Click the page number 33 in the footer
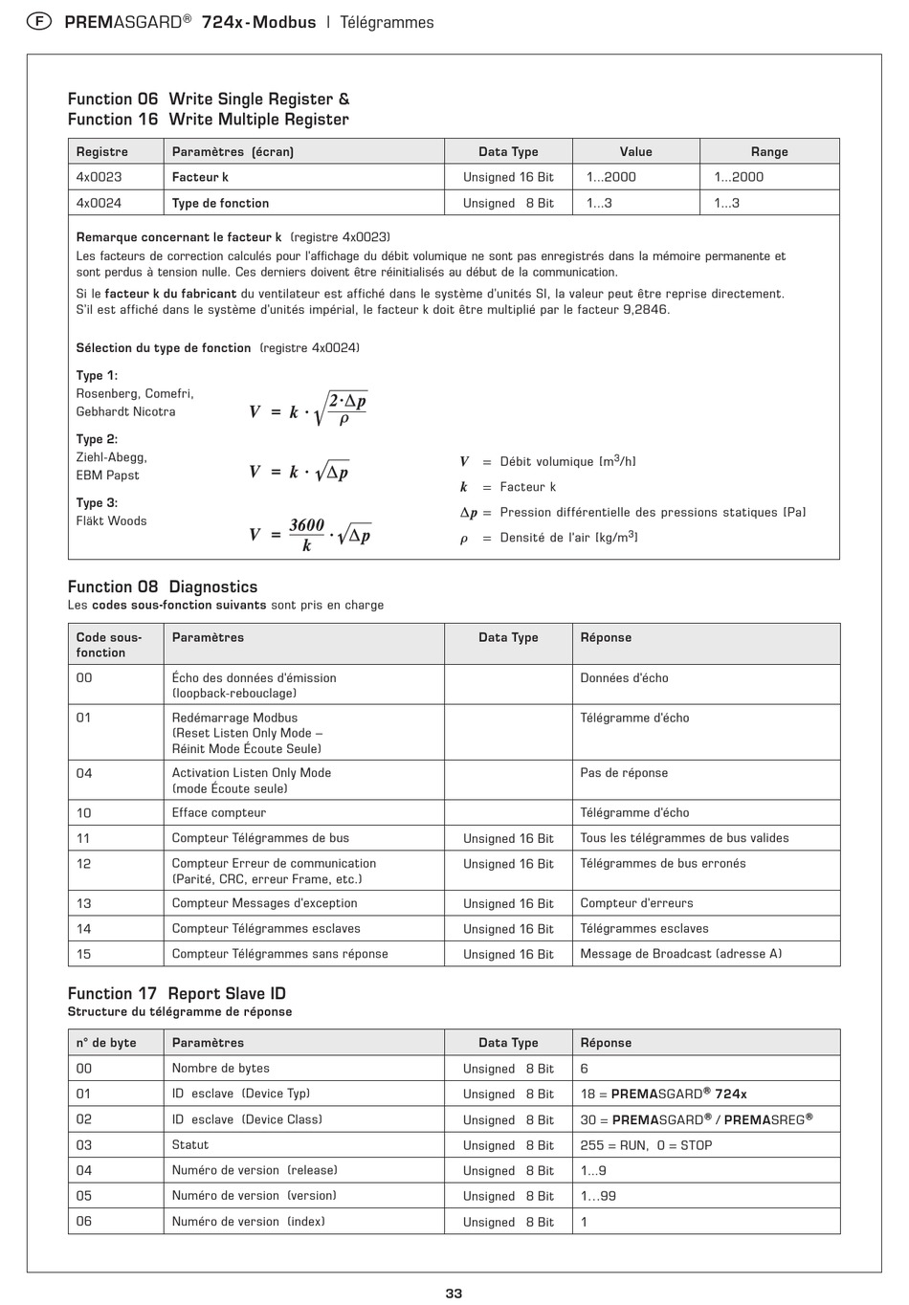click(454, 1293)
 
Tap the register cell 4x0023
click(100, 177)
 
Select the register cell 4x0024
click(100, 203)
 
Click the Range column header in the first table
click(769, 151)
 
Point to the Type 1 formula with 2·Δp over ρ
click(308, 410)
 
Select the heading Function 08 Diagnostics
click(163, 587)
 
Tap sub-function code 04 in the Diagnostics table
click(84, 773)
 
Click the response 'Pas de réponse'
click(624, 773)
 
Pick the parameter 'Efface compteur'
click(219, 813)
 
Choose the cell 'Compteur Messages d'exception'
click(265, 903)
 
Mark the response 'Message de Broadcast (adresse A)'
click(680, 954)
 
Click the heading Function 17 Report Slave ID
click(177, 994)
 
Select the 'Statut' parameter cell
click(190, 1145)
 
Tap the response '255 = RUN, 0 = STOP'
click(646, 1145)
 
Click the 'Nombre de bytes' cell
click(221, 1069)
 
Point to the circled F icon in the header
click(37, 22)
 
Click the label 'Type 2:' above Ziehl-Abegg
click(97, 439)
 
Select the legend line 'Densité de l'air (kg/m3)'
click(568, 538)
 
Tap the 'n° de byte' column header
click(106, 1043)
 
